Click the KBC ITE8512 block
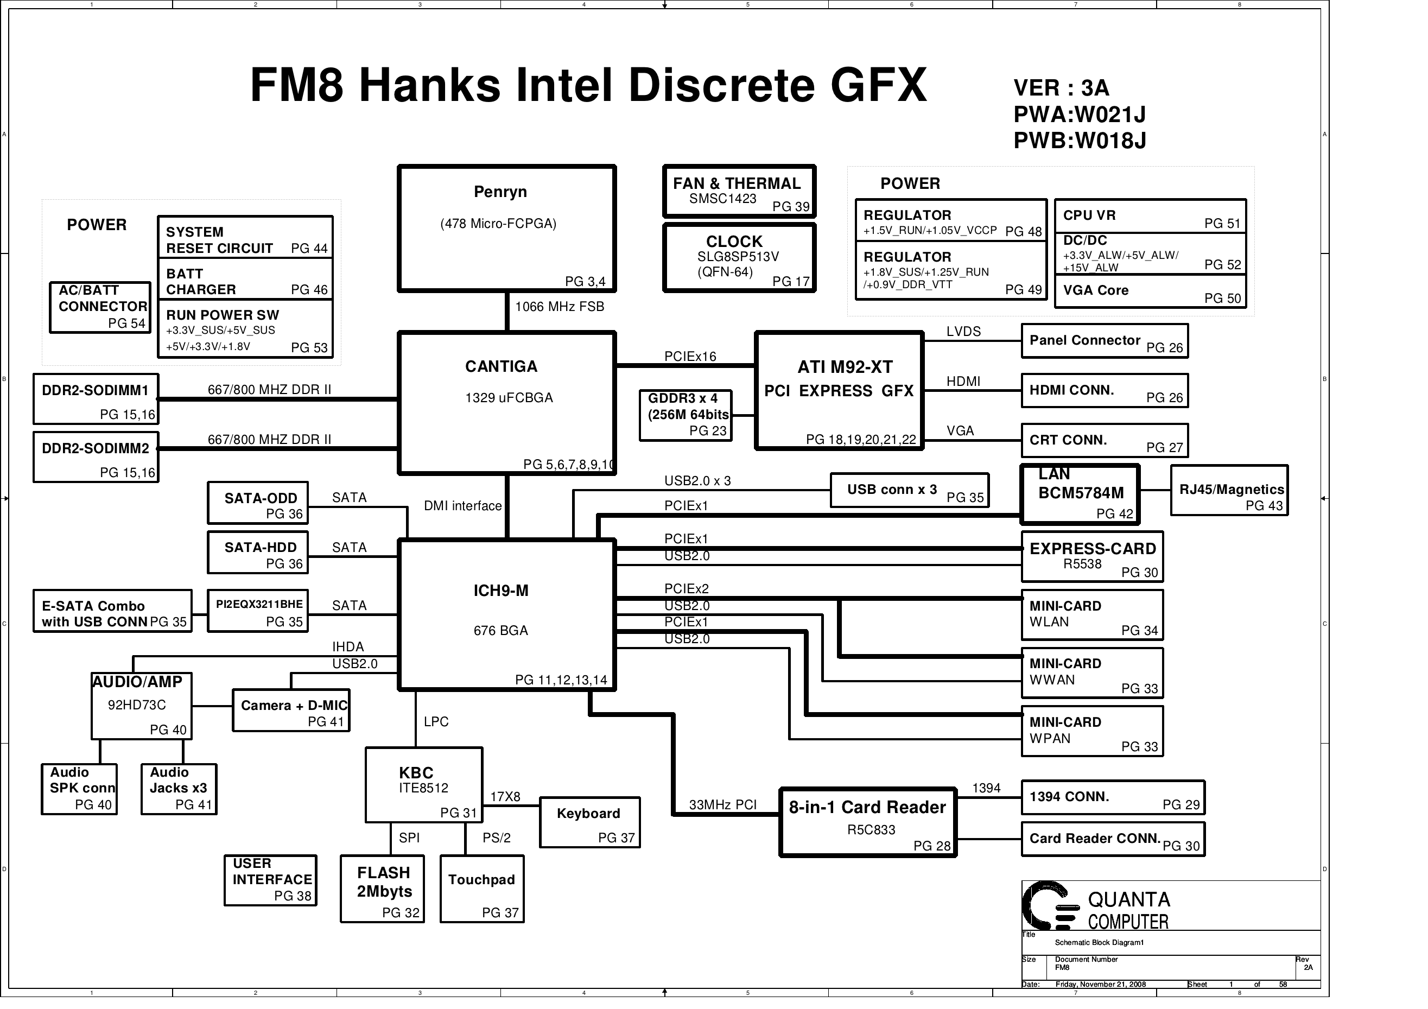[x=423, y=784]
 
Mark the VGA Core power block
[x=1150, y=293]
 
